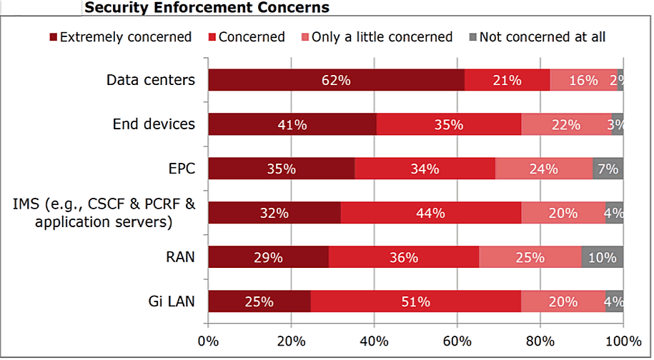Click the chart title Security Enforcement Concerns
[207, 8]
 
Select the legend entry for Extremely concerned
[119, 37]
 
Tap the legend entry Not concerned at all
[537, 37]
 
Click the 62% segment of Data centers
[336, 80]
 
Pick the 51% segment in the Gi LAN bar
[415, 301]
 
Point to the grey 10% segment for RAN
[602, 257]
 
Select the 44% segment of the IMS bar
[430, 213]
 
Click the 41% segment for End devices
[292, 124]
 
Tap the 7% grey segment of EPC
[608, 169]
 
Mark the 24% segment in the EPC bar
[543, 169]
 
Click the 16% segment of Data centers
[583, 80]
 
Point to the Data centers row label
[150, 80]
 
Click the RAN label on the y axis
[180, 256]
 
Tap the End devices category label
[153, 124]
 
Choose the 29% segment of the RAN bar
[268, 257]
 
